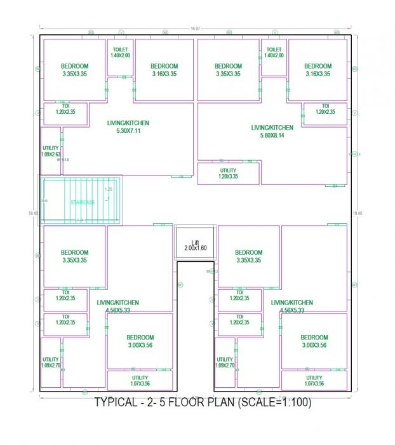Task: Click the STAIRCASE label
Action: point(83,202)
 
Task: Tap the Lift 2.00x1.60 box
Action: point(195,244)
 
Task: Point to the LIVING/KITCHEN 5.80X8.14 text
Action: point(272,131)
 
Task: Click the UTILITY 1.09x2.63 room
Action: point(51,151)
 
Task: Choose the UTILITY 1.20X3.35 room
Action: point(228,173)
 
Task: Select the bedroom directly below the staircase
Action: point(74,256)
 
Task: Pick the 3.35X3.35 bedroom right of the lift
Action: point(248,256)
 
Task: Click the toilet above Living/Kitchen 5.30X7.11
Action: point(120,53)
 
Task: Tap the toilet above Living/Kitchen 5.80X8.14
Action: point(274,53)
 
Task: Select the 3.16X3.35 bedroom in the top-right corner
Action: point(318,70)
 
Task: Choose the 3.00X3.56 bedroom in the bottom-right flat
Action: point(314,341)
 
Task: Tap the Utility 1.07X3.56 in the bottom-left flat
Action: point(140,380)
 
